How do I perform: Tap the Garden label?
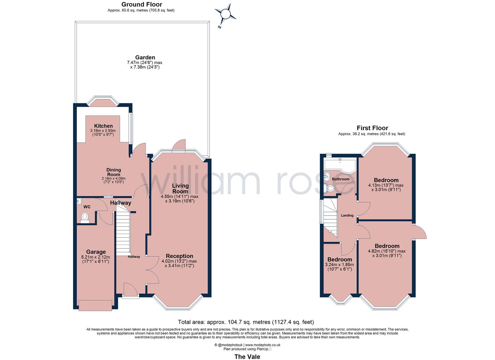coord(145,57)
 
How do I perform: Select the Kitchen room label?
coord(103,126)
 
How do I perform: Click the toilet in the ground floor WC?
coord(85,217)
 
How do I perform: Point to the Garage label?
coord(96,252)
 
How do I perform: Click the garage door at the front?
coord(95,305)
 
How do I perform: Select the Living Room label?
coord(180,188)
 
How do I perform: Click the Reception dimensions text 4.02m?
coord(179,261)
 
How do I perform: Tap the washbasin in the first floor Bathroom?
coord(327,176)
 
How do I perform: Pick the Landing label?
coord(347,215)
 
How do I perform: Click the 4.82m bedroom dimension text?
coord(387,251)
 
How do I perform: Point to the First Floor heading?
coord(372,128)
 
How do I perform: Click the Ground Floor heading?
coord(142,4)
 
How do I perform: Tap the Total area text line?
coord(246,322)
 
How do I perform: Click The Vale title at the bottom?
coord(247,357)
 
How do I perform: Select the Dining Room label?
coord(114,172)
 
